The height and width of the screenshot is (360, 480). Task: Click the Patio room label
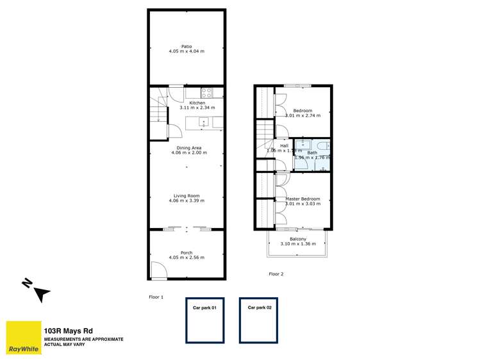pyautogui.click(x=186, y=46)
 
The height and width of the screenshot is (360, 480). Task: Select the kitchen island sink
pyautogui.click(x=204, y=122)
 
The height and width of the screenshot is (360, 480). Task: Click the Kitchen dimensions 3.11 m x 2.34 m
pyautogui.click(x=197, y=108)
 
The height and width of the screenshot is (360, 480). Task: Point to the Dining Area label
pyautogui.click(x=186, y=148)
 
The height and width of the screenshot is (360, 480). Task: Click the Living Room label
pyautogui.click(x=186, y=196)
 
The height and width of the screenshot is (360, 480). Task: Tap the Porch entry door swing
pyautogui.click(x=157, y=270)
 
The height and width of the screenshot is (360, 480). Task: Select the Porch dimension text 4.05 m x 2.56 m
pyautogui.click(x=186, y=258)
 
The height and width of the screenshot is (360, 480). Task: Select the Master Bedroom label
pyautogui.click(x=302, y=199)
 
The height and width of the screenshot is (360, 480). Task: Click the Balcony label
pyautogui.click(x=298, y=239)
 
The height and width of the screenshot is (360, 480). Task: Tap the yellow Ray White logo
pyautogui.click(x=22, y=338)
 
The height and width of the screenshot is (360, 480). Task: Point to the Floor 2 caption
pyautogui.click(x=276, y=274)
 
